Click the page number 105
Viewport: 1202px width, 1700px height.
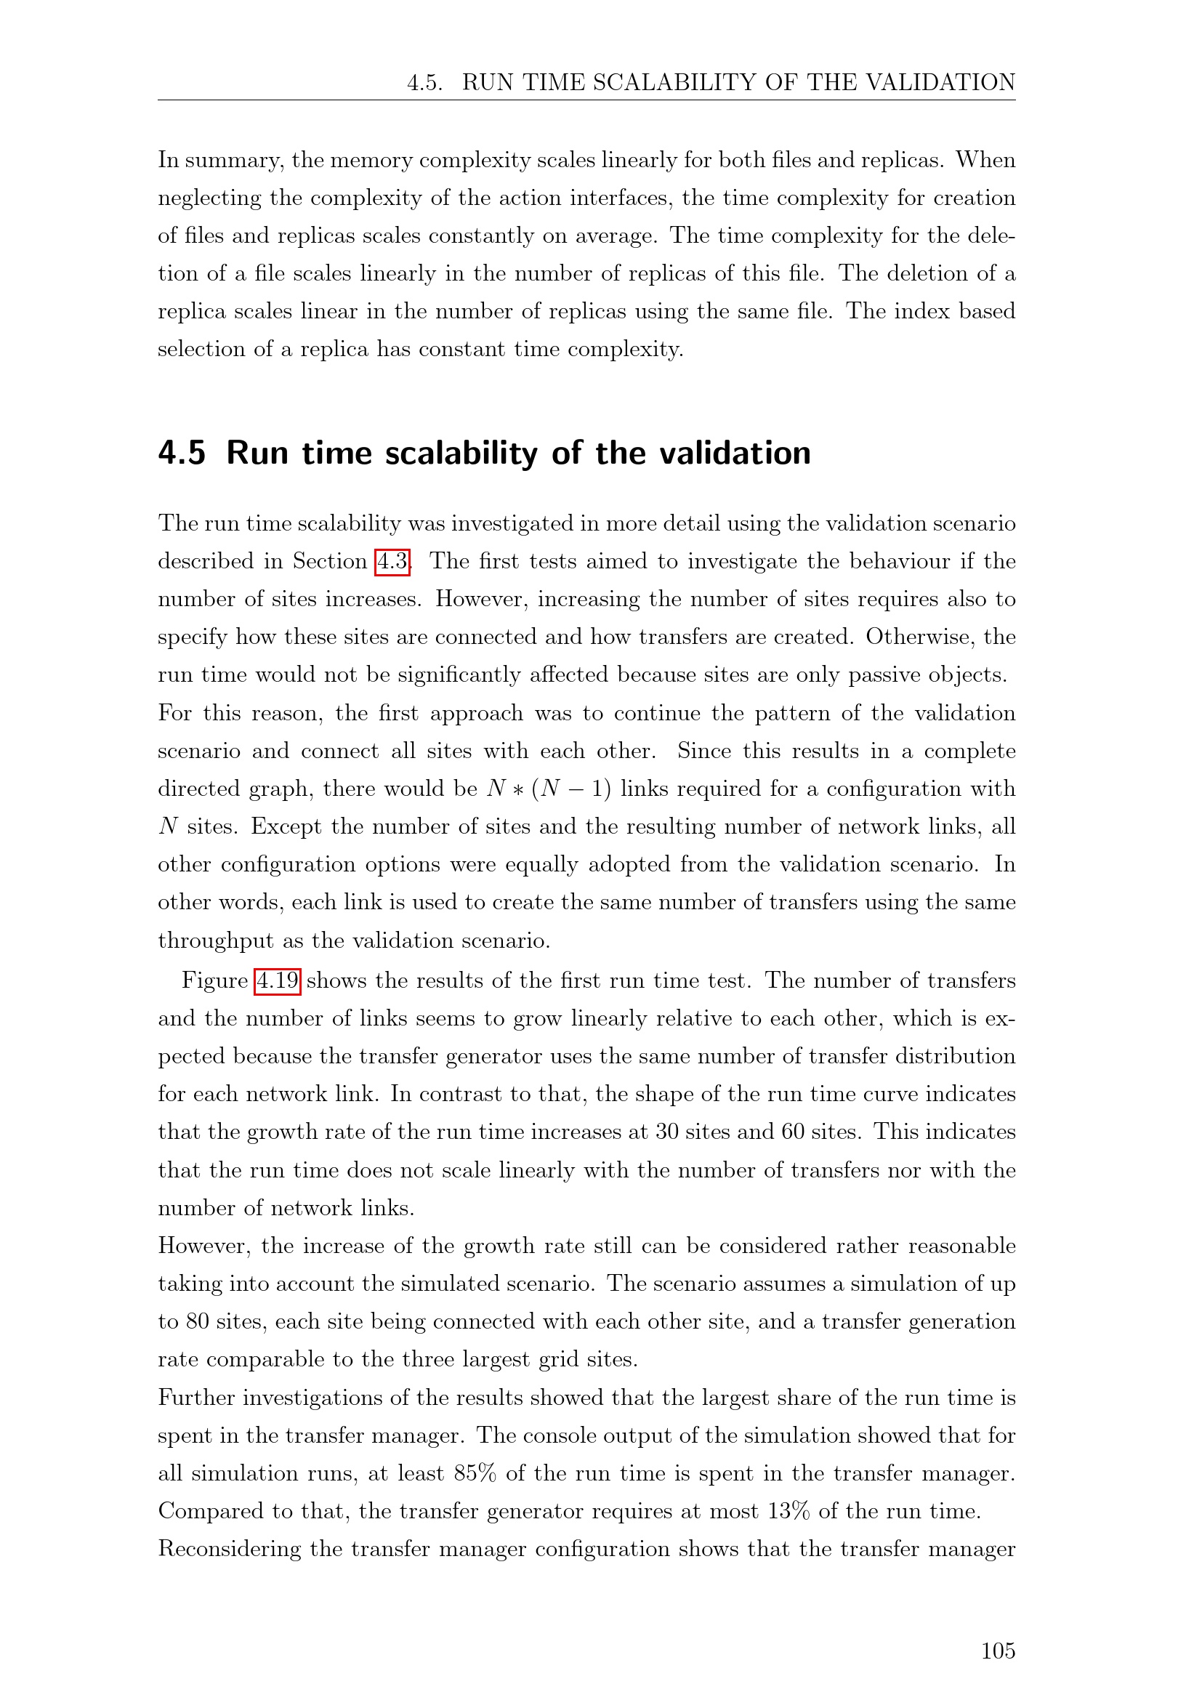point(998,1651)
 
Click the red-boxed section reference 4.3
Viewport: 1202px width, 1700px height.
point(392,561)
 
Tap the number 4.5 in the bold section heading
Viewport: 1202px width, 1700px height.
point(182,453)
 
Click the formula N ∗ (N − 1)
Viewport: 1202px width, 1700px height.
point(549,789)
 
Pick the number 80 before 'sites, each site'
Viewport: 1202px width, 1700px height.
point(197,1321)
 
